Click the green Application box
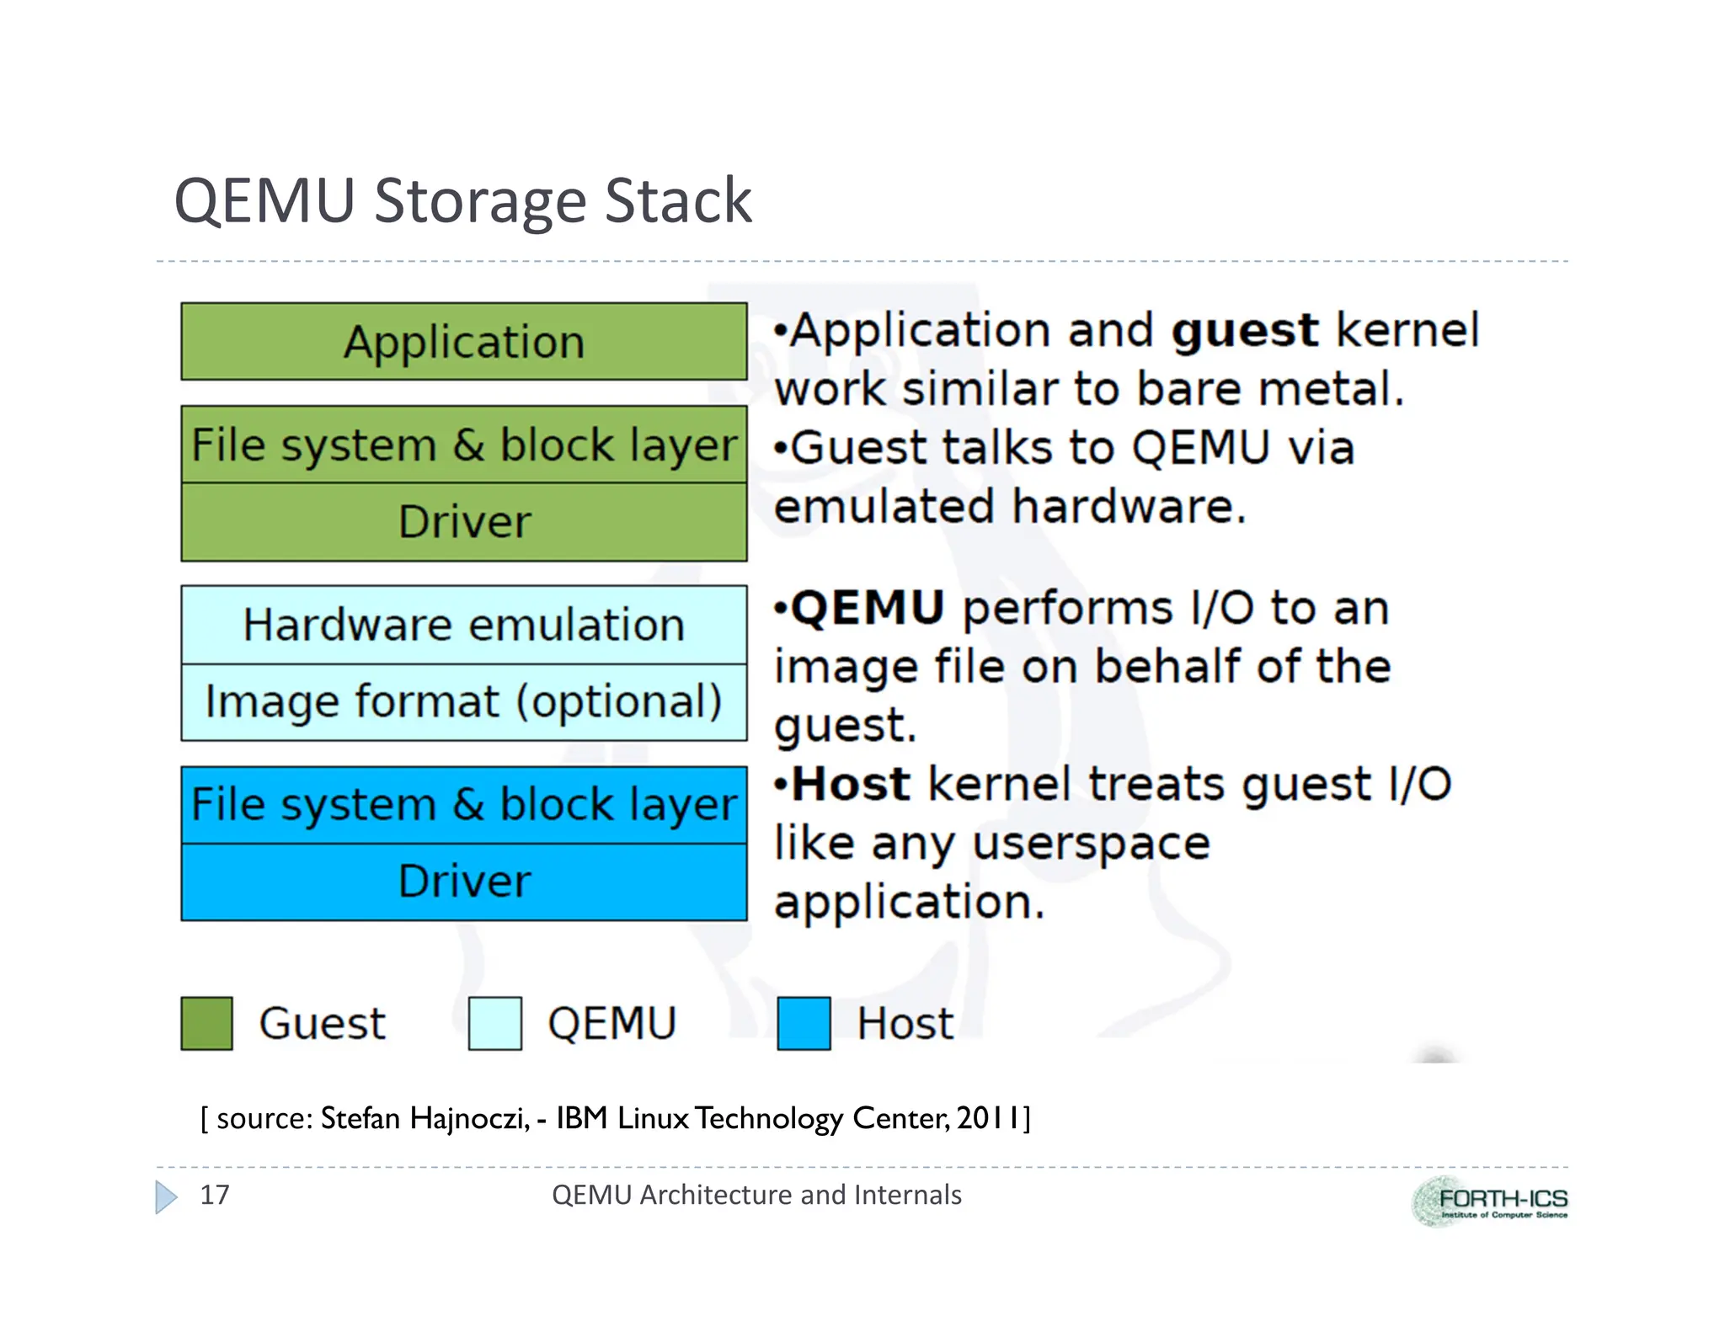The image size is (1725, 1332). [x=463, y=342]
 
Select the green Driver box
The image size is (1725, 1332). [x=463, y=522]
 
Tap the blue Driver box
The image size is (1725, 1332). [x=463, y=882]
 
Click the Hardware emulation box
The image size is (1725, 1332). [x=463, y=625]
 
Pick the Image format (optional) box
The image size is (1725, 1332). [x=463, y=702]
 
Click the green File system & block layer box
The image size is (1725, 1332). [x=463, y=445]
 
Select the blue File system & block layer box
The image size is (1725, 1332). [x=463, y=804]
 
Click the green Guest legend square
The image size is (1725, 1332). [x=206, y=1023]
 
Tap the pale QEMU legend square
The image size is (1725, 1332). [x=494, y=1023]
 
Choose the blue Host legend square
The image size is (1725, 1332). [x=804, y=1023]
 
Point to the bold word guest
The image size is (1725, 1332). [x=1244, y=330]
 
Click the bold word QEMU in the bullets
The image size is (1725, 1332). [x=868, y=607]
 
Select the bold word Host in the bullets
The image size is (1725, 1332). [x=851, y=784]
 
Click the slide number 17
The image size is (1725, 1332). [x=214, y=1195]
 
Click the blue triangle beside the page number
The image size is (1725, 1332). [x=166, y=1196]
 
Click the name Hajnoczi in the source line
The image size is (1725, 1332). [x=469, y=1118]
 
